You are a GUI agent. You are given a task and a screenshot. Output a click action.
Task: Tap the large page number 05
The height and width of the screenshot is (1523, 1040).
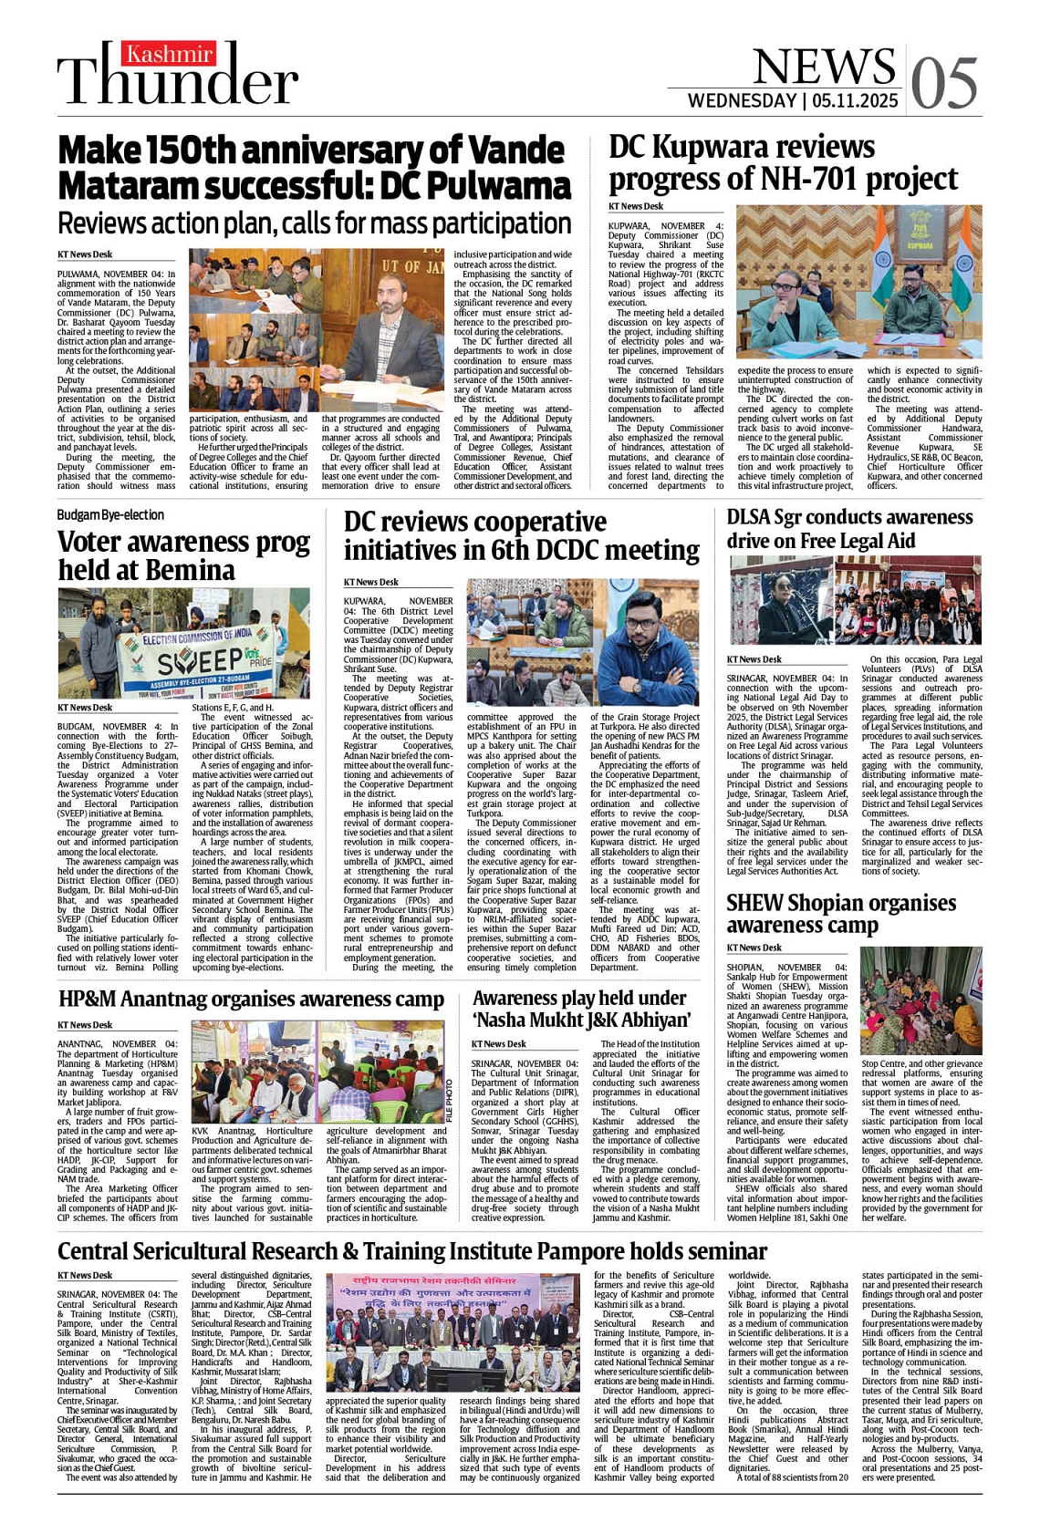click(x=945, y=82)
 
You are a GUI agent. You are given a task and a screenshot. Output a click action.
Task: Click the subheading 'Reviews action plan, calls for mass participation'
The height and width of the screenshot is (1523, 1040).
click(x=314, y=223)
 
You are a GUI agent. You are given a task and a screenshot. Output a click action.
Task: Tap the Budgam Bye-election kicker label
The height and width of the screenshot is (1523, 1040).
click(x=110, y=515)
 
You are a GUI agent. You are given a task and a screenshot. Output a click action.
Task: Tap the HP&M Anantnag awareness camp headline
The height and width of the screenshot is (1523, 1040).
click(x=251, y=1000)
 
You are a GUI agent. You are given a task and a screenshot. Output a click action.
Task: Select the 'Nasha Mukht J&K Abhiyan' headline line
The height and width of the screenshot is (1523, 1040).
click(x=581, y=1020)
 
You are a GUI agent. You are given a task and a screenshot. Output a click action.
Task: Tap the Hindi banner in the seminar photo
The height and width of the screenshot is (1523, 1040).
click(x=453, y=1294)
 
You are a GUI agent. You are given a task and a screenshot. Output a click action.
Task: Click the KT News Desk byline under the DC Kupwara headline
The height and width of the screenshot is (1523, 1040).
click(x=636, y=207)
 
